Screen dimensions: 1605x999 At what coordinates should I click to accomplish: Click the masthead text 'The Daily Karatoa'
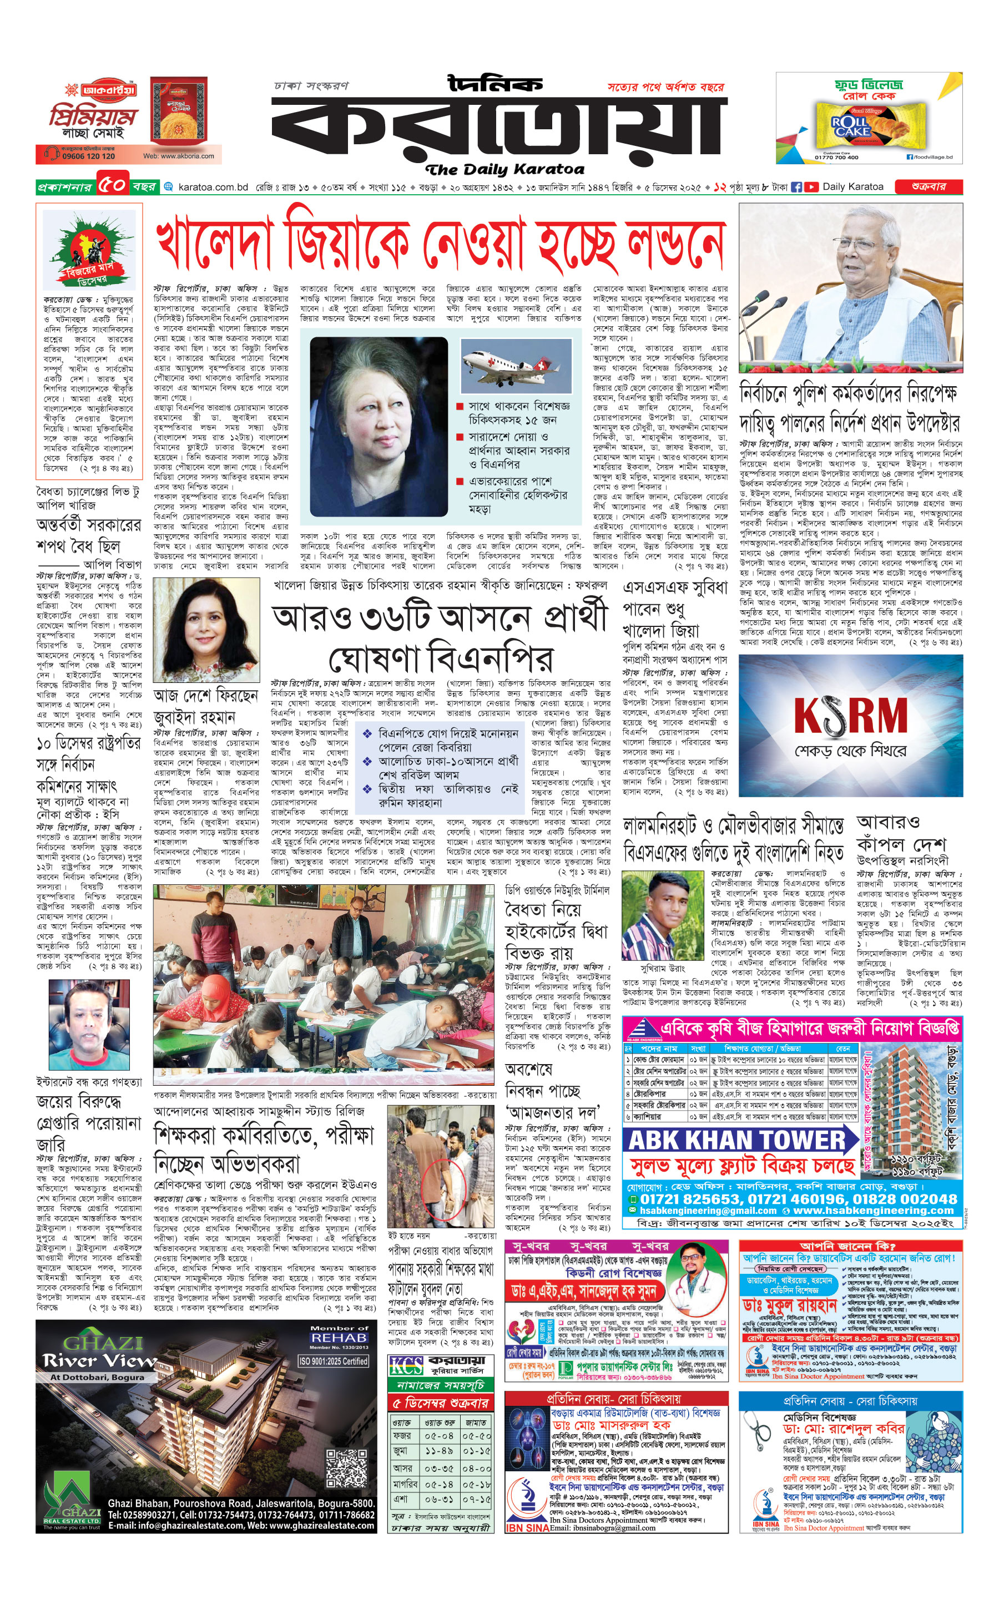click(x=505, y=169)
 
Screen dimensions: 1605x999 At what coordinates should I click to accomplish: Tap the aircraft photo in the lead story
click(x=516, y=366)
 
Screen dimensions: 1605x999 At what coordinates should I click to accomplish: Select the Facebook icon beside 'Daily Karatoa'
click(x=796, y=187)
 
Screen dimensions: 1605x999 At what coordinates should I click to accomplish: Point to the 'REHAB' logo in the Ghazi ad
click(x=339, y=1338)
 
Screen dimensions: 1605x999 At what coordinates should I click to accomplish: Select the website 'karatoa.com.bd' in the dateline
click(x=213, y=187)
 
